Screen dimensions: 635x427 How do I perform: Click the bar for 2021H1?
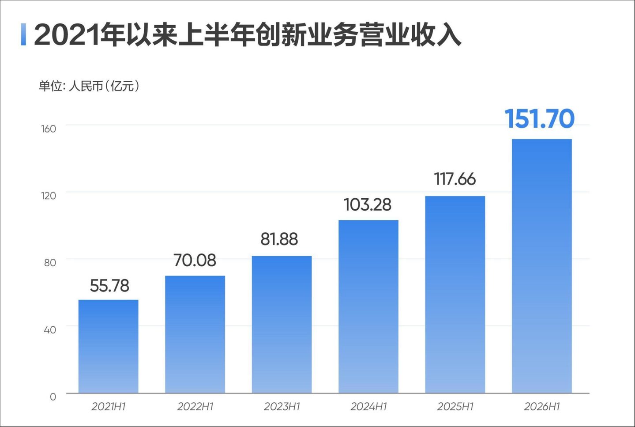pyautogui.click(x=108, y=347)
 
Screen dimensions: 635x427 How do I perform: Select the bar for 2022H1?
pyautogui.click(x=195, y=335)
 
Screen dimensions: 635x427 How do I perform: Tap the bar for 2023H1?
pyautogui.click(x=282, y=325)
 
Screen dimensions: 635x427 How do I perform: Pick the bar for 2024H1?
pyautogui.click(x=368, y=307)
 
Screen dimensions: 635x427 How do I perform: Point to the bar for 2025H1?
pyautogui.click(x=455, y=295)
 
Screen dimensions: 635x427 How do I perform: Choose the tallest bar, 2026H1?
pyautogui.click(x=542, y=266)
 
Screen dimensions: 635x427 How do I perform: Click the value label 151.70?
pyautogui.click(x=540, y=119)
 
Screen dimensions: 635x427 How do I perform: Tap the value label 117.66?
pyautogui.click(x=455, y=179)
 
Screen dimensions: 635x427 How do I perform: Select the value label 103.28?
pyautogui.click(x=368, y=204)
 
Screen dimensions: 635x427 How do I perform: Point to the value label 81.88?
pyautogui.click(x=279, y=239)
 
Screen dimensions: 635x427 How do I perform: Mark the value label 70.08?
pyautogui.click(x=195, y=260)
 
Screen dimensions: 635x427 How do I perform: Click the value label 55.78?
pyautogui.click(x=109, y=285)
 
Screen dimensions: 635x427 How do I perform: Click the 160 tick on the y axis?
pyautogui.click(x=49, y=129)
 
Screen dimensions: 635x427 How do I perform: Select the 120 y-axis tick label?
pyautogui.click(x=49, y=196)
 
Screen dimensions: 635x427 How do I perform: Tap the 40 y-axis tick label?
pyautogui.click(x=50, y=330)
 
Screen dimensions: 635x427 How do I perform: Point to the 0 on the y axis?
pyautogui.click(x=53, y=397)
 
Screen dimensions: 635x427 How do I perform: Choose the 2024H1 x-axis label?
pyautogui.click(x=368, y=407)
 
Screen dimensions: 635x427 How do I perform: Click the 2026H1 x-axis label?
pyautogui.click(x=542, y=407)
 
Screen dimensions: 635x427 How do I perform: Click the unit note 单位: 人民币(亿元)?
pyautogui.click(x=89, y=86)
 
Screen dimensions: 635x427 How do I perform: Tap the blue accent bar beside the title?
pyautogui.click(x=23, y=34)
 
